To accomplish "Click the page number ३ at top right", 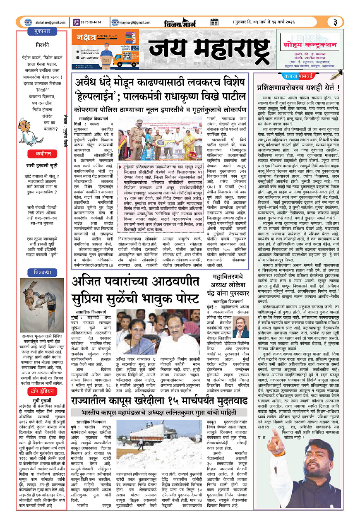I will point(335,22).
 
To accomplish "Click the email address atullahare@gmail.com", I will point(50,22).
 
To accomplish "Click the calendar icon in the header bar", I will point(214,22).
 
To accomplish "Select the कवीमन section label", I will point(42,154).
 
